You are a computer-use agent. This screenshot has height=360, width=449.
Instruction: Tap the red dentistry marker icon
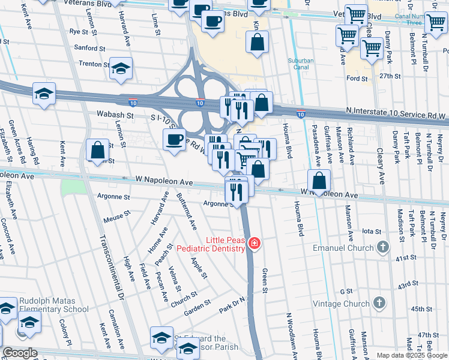click(x=255, y=243)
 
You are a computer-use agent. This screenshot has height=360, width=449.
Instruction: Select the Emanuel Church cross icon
click(x=382, y=247)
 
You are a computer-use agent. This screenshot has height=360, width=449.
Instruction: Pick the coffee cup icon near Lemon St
click(x=175, y=140)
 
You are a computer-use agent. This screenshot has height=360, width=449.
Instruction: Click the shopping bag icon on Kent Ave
click(x=97, y=149)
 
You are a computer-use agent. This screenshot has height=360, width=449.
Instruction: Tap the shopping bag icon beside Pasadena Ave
click(x=319, y=180)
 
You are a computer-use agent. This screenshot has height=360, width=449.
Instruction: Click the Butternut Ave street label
click(x=186, y=211)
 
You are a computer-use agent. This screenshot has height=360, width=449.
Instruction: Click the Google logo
click(x=20, y=352)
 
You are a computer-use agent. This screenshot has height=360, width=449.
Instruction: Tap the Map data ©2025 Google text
click(x=411, y=355)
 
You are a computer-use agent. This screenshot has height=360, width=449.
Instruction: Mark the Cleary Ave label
click(x=381, y=166)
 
